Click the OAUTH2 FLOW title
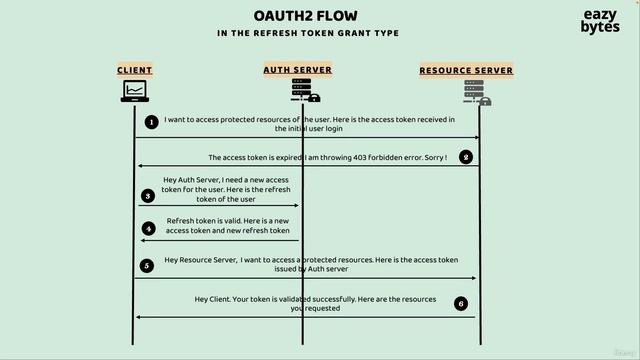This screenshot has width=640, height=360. click(x=307, y=15)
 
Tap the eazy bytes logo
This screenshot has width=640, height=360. click(x=600, y=21)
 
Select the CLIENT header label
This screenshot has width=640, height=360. click(x=135, y=70)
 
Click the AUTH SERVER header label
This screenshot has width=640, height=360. click(x=297, y=70)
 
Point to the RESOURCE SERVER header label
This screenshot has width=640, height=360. click(x=466, y=70)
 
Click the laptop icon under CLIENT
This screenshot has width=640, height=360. click(x=135, y=92)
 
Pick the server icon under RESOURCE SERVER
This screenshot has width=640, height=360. click(x=477, y=93)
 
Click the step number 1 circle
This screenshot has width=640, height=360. click(x=152, y=122)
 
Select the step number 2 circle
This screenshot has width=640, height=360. click(x=465, y=157)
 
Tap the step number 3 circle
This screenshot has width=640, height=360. click(x=148, y=196)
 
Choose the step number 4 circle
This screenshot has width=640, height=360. click(x=148, y=228)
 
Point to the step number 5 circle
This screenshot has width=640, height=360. click(x=147, y=265)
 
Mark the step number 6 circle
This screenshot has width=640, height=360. click(x=460, y=303)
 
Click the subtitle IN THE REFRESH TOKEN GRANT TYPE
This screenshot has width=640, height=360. click(x=308, y=33)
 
